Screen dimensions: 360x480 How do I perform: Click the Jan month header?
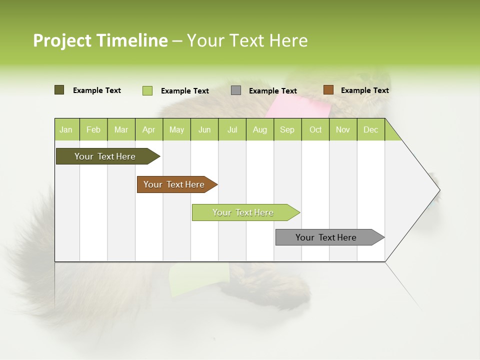pyautogui.click(x=66, y=129)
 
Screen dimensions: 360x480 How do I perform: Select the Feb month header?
pyautogui.click(x=93, y=129)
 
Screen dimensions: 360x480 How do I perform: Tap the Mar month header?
pyautogui.click(x=121, y=129)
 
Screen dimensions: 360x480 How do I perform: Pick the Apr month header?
pyautogui.click(x=149, y=129)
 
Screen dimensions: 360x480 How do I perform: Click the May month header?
pyautogui.click(x=176, y=129)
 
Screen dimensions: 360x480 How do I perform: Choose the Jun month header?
pyautogui.click(x=204, y=129)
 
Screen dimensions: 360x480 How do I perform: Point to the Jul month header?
pyautogui.click(x=232, y=129)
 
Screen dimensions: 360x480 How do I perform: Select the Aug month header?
pyautogui.click(x=260, y=129)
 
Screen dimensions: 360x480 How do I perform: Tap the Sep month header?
pyautogui.click(x=287, y=129)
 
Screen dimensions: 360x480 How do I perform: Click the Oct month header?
pyautogui.click(x=315, y=129)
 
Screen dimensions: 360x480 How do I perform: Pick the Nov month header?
pyautogui.click(x=343, y=129)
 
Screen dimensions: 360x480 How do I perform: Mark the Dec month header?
pyautogui.click(x=371, y=129)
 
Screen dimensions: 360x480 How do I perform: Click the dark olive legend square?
pyautogui.click(x=59, y=90)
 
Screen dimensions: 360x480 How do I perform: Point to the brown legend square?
pyautogui.click(x=328, y=90)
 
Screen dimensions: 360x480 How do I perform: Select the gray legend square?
pyautogui.click(x=236, y=90)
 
